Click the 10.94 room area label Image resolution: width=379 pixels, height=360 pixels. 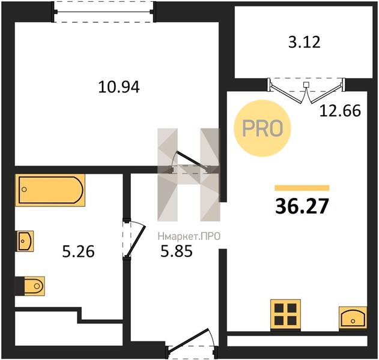[119, 87]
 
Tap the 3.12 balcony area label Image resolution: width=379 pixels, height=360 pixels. [305, 42]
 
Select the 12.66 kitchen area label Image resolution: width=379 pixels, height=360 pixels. [340, 111]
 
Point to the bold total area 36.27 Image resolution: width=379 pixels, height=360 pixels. [302, 206]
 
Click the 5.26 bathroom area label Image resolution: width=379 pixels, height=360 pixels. [78, 251]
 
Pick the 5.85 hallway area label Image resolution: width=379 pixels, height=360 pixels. [177, 251]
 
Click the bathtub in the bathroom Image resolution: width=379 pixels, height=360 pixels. [50, 190]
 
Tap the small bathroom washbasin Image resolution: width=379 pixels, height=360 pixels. [25, 241]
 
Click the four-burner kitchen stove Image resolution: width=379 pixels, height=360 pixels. [285, 314]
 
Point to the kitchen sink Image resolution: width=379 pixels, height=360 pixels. [353, 317]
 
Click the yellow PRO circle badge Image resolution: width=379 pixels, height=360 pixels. [262, 128]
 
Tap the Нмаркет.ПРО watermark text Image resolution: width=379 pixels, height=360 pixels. [189, 236]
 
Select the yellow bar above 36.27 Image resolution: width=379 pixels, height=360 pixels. [302, 188]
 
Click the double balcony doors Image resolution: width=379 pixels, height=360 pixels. [306, 91]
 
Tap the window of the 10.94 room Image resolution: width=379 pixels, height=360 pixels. [103, 11]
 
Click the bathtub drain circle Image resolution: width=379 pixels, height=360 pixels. [24, 190]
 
